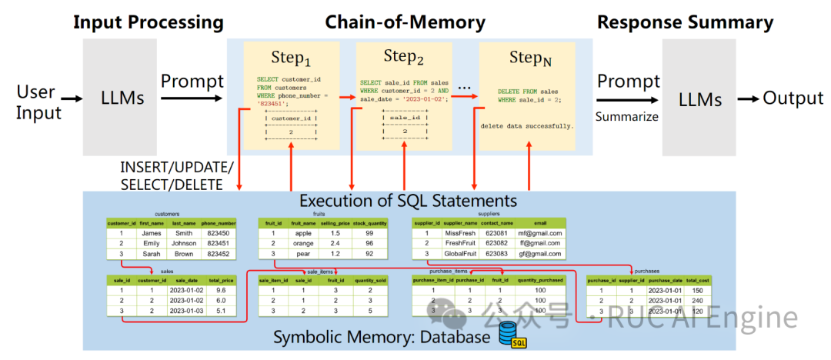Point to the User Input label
click(36, 102)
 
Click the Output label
click(793, 98)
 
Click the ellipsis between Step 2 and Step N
click(464, 88)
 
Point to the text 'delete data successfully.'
click(527, 125)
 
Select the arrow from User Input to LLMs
click(72, 99)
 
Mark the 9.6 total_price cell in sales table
click(222, 291)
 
